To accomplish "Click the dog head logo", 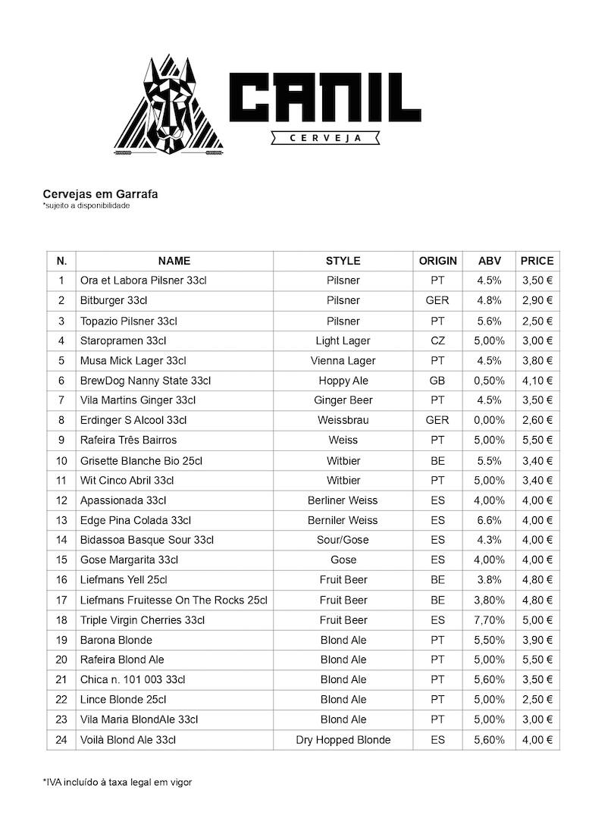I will coord(171,106).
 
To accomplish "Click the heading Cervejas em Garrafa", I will coord(100,194).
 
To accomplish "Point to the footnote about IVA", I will coord(117,782).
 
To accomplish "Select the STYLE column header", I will coord(343,261).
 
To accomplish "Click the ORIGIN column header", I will coord(437,261).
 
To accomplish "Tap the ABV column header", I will coord(490,261).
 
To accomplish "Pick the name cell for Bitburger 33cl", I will coord(114,300).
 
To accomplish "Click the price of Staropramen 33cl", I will coord(537,340).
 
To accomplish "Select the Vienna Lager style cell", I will coord(343,360).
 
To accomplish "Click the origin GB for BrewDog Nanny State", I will coord(437,381).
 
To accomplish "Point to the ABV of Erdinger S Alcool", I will coord(490,420).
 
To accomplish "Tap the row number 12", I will coord(61,500).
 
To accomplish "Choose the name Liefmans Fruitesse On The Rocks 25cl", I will coord(174,600).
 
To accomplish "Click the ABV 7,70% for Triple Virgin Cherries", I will coord(490,619).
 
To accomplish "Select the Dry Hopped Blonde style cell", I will coord(343,739).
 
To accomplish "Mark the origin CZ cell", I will coord(437,340).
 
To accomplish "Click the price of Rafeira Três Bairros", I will coord(537,440).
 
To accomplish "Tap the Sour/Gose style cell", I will coord(343,540).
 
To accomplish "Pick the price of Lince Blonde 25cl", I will coord(537,699).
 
